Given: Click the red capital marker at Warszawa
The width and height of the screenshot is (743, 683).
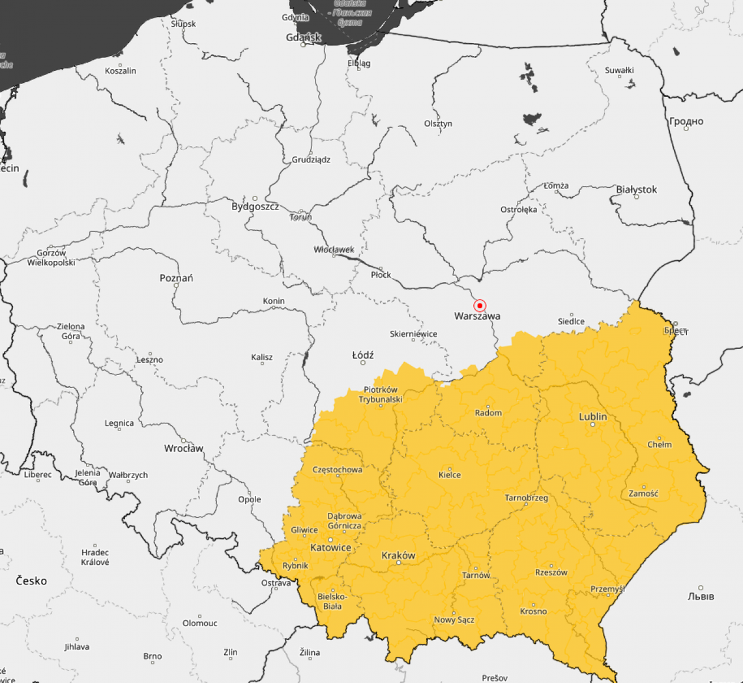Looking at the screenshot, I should (480, 305).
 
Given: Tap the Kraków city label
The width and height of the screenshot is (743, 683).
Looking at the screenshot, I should (398, 555).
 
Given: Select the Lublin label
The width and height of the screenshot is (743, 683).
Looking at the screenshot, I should (592, 416).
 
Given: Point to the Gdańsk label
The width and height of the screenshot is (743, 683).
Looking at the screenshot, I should (304, 37).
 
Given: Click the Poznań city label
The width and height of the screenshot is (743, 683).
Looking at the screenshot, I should (176, 278).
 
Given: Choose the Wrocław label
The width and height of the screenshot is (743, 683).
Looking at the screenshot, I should (184, 448).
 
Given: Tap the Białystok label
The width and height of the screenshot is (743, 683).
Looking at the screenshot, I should (636, 189).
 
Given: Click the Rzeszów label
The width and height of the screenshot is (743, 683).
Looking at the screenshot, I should (551, 572).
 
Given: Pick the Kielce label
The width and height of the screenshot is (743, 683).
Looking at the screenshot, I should (450, 474).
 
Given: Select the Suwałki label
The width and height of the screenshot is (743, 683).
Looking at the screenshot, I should (619, 70).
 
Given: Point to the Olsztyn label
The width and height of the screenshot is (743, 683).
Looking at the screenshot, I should (438, 123).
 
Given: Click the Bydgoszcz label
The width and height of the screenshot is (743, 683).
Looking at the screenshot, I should (255, 206).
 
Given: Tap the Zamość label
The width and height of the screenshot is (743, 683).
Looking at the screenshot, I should (643, 493).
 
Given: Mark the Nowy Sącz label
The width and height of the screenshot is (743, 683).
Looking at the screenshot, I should (454, 620).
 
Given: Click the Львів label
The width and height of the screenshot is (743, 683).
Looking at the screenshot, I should (701, 596).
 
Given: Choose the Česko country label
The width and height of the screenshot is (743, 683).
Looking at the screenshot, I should (31, 580).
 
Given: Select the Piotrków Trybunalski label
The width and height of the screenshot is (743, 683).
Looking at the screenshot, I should (383, 394).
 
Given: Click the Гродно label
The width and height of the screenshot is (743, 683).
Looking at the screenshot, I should (686, 121).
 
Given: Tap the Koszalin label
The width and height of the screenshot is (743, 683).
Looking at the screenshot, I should (121, 70).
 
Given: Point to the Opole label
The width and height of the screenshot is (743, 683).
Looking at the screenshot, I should (249, 499).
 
